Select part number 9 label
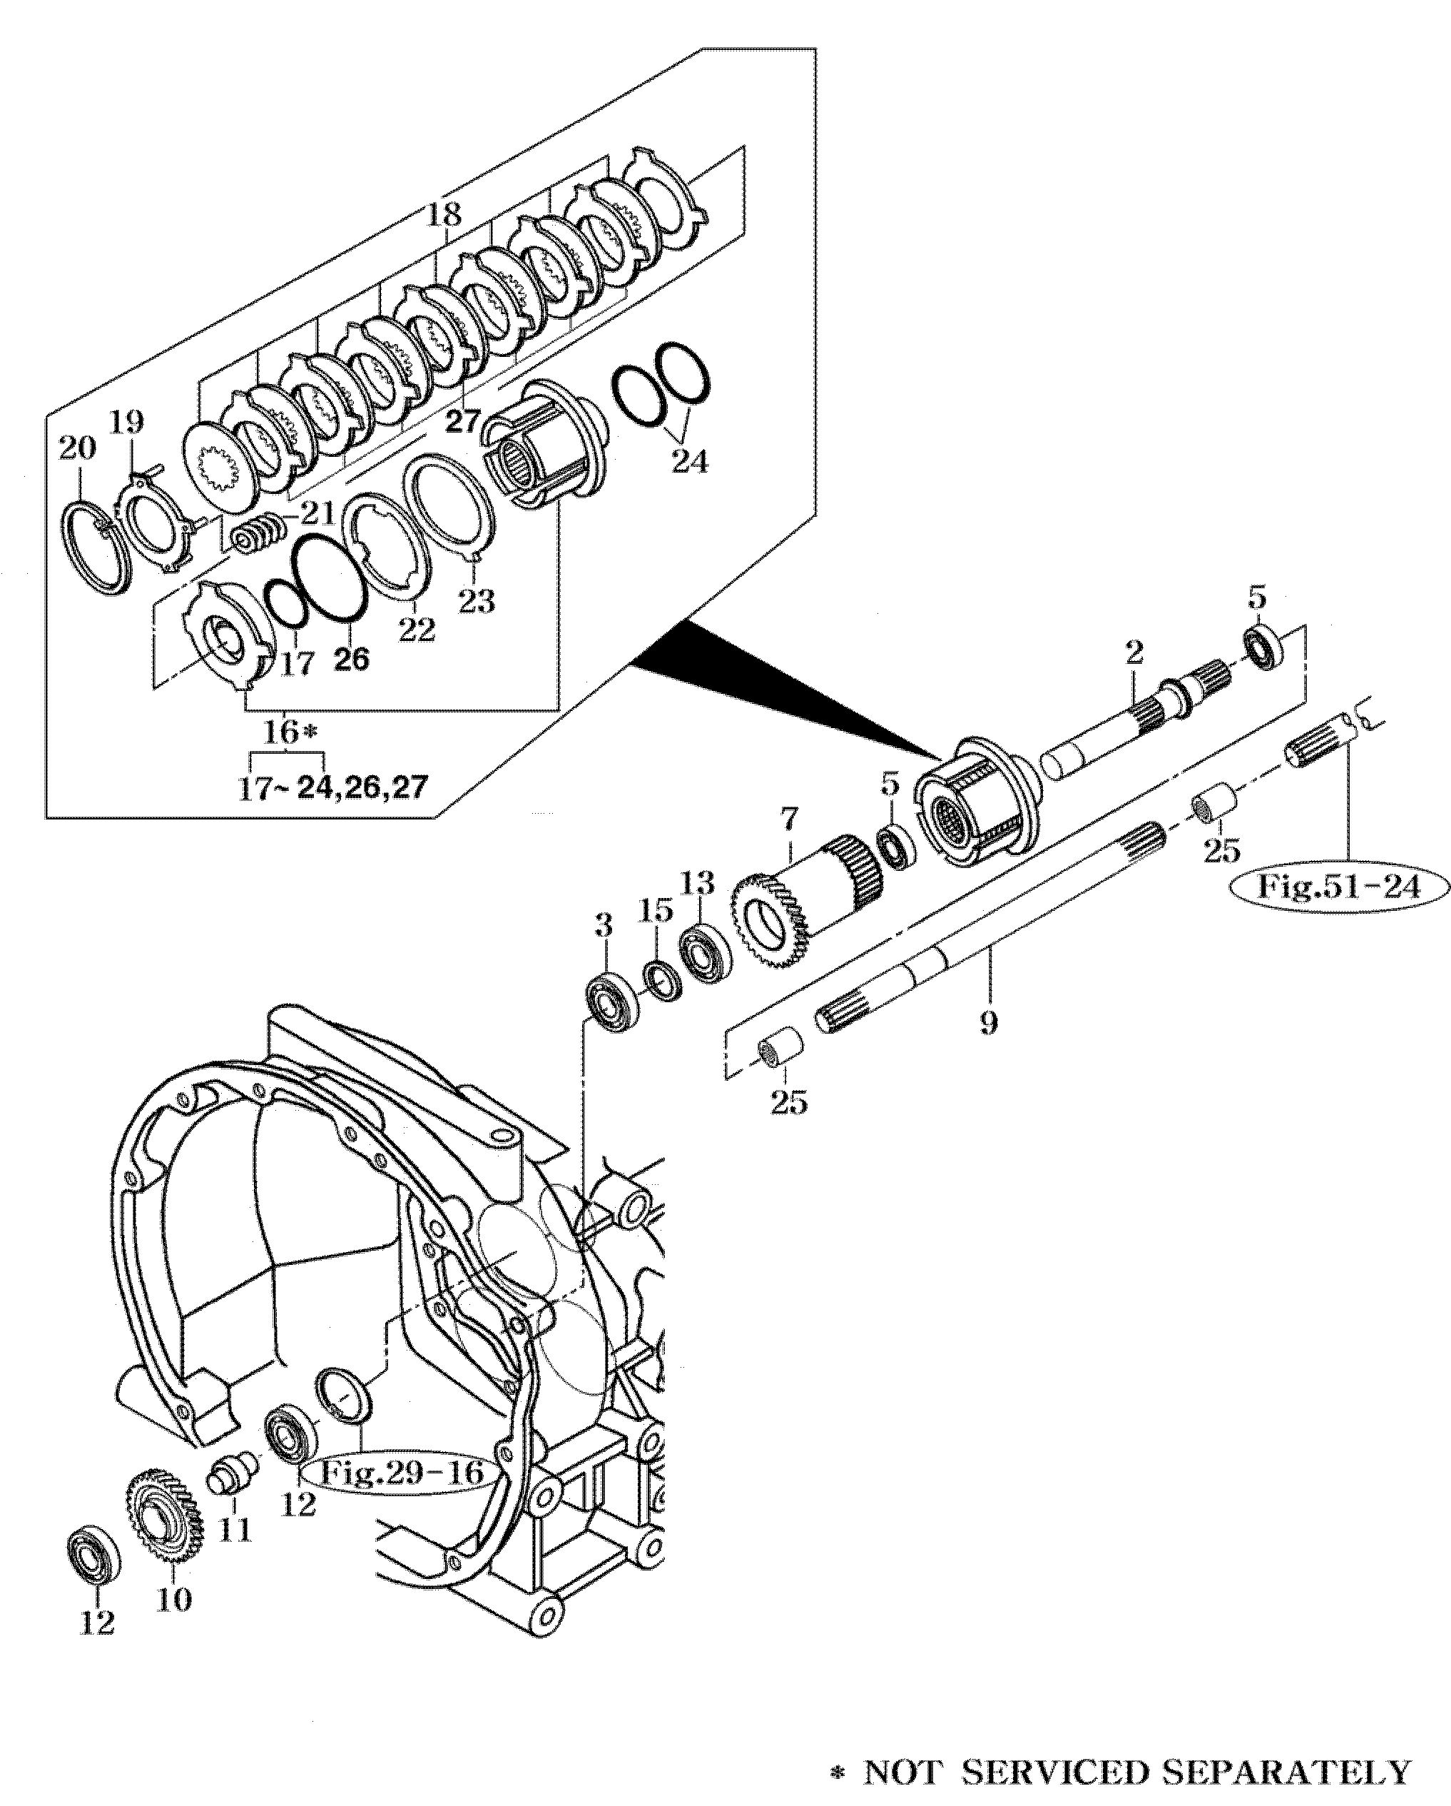988,1022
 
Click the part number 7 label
790,818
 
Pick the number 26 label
352,660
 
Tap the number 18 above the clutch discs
444,214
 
